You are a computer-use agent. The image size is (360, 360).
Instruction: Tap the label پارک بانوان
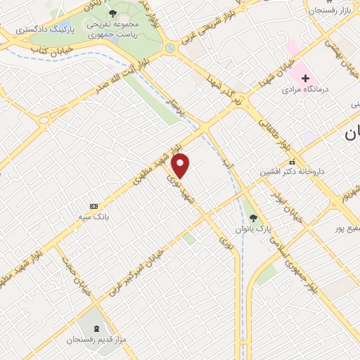[x=254, y=229]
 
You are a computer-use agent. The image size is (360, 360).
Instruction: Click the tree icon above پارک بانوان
[x=254, y=217]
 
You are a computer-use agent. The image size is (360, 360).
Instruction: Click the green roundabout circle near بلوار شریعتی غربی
[x=170, y=48]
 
